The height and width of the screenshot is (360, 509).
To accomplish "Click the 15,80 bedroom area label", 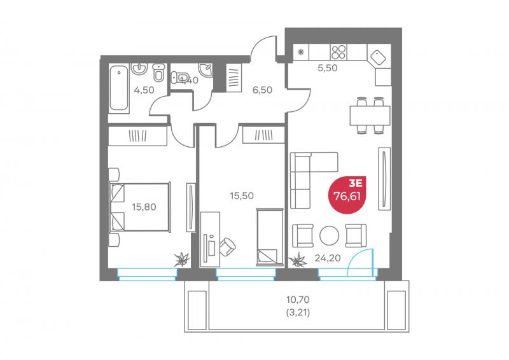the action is click(144, 207).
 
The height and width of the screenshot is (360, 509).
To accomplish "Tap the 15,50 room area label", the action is click(242, 196).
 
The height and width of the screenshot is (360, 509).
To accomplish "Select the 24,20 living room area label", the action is click(328, 258).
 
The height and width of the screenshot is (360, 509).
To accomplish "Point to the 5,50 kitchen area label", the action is click(328, 68).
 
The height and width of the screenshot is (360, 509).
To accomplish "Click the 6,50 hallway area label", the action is click(262, 90).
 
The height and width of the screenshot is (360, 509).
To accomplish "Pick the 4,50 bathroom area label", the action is click(144, 90).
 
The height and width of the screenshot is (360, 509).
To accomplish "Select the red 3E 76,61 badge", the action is click(347, 195).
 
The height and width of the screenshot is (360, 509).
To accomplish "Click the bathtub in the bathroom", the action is click(118, 88).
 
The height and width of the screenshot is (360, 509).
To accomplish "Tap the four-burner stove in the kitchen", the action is click(338, 52).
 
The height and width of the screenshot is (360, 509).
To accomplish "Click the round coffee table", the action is click(329, 235).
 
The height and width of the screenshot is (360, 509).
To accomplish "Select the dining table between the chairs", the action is click(370, 116).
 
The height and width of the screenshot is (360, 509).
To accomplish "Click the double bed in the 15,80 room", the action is click(140, 207).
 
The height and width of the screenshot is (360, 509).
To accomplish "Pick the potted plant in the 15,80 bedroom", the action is click(182, 260).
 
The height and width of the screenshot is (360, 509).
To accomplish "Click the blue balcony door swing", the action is click(360, 262).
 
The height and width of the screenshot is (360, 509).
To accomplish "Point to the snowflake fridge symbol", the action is click(301, 52).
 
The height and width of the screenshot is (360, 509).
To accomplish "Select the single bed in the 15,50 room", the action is click(269, 237).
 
